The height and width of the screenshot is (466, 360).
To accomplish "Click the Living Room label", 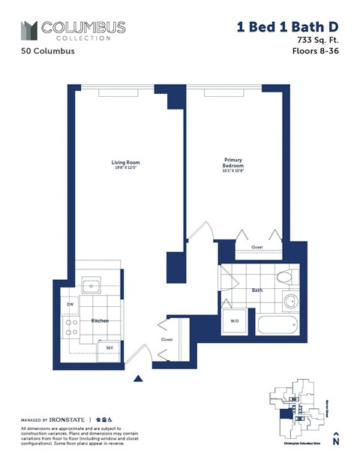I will pyautogui.click(x=126, y=163).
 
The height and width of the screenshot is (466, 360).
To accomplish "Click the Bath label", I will pyautogui.click(x=256, y=289).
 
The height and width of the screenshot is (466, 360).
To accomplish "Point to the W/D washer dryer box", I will pyautogui.click(x=234, y=322).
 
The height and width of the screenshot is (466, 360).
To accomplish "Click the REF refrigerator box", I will pyautogui.click(x=109, y=347).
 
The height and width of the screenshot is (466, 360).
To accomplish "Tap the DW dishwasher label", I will pyautogui.click(x=70, y=305).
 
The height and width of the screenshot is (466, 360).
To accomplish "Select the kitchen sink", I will pyautogui.click(x=93, y=285).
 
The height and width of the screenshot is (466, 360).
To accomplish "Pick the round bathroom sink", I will pyautogui.click(x=289, y=303).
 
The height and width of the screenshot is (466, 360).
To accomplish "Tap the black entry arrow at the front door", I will pyautogui.click(x=137, y=378).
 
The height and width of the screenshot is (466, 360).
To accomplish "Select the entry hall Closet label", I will pyautogui.click(x=166, y=339).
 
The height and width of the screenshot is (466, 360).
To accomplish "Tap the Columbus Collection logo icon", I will pyautogui.click(x=28, y=30).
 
